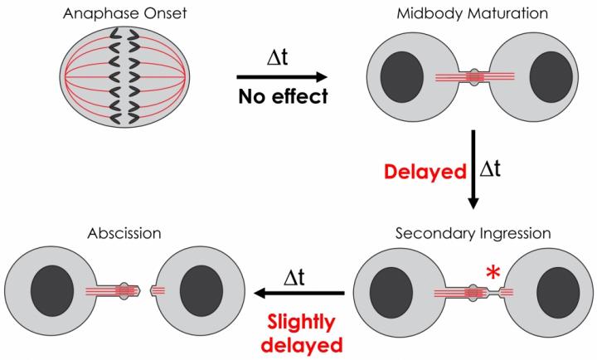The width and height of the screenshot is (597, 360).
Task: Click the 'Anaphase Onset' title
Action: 116,12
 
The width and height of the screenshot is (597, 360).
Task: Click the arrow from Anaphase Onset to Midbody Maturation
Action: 282,76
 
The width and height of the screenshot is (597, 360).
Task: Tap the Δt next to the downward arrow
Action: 493,171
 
